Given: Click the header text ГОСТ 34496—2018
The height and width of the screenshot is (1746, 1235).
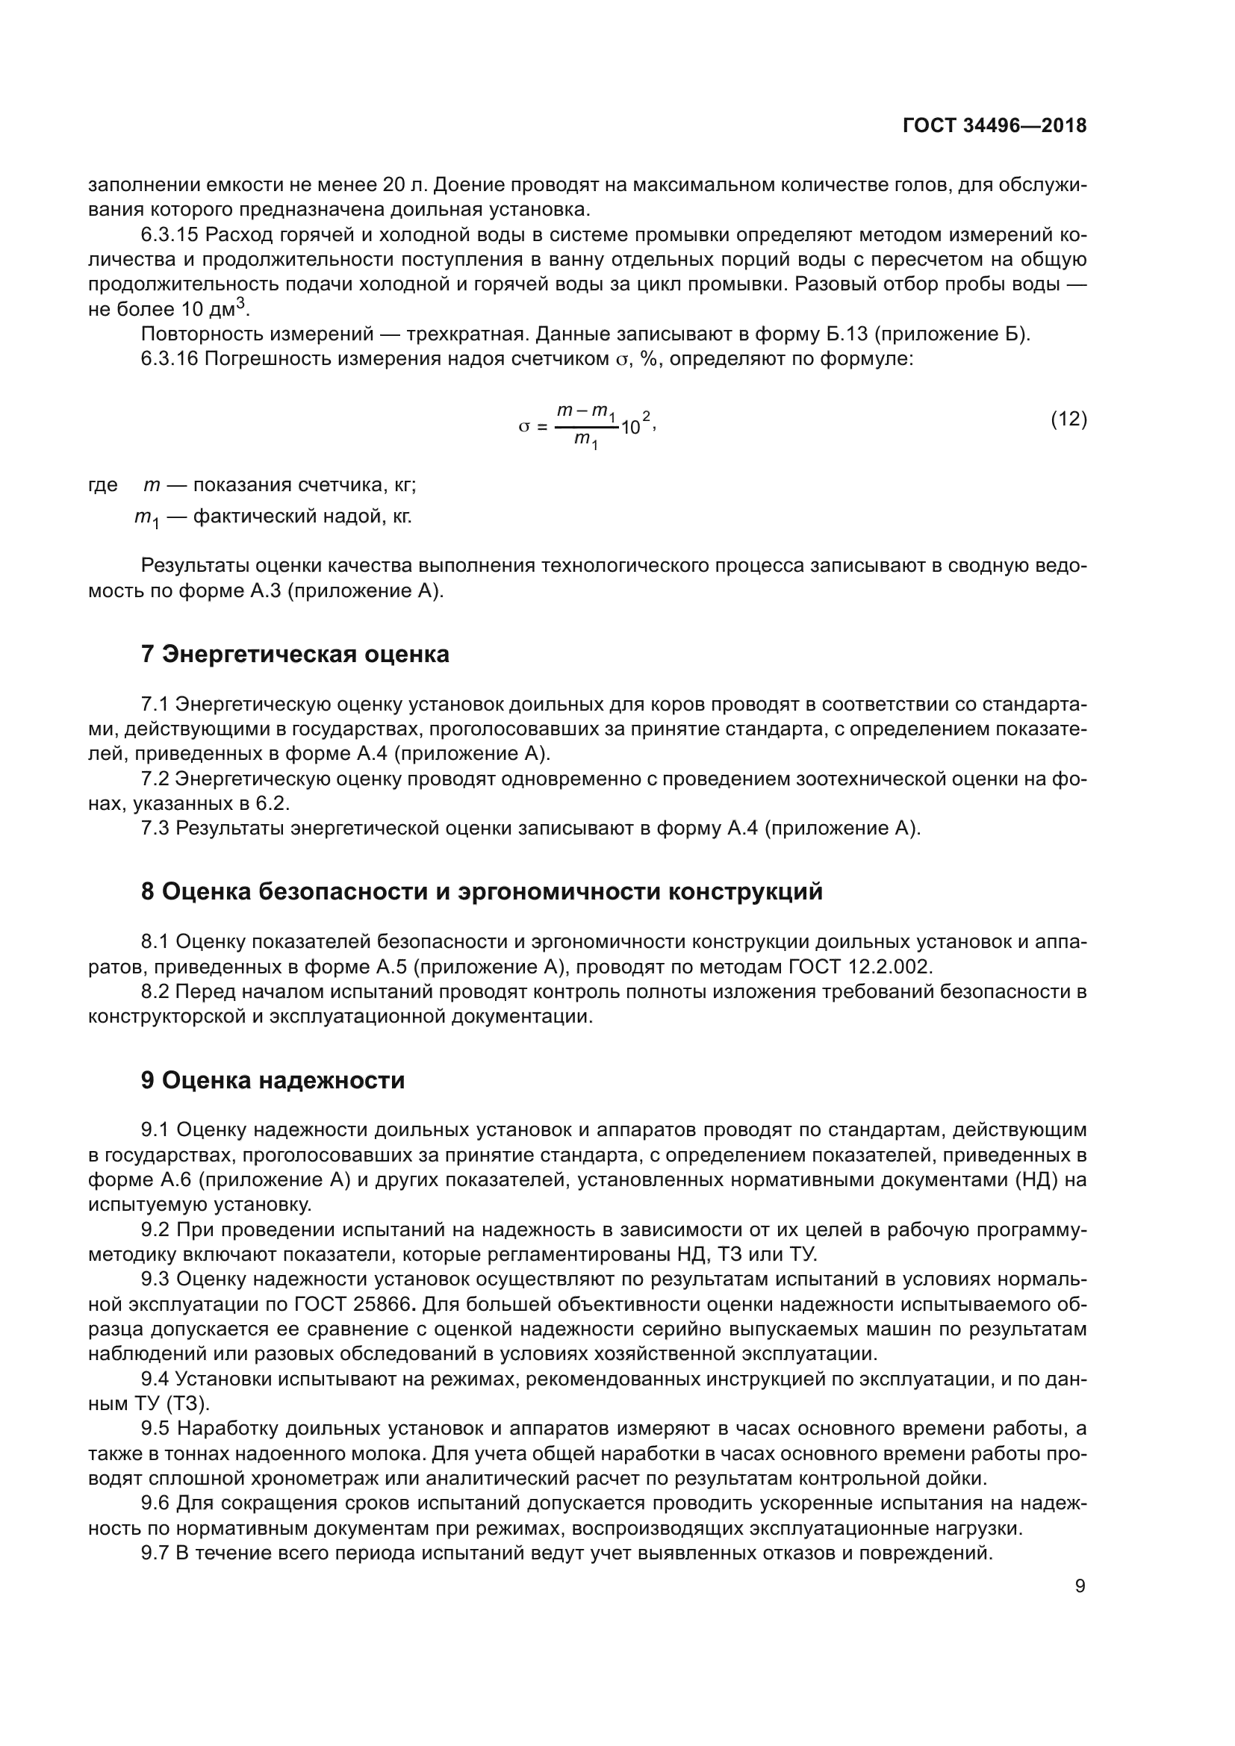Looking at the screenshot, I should tap(994, 126).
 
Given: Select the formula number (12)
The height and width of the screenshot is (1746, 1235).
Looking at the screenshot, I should tap(1068, 419).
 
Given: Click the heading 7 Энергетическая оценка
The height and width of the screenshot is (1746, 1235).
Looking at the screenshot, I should tap(295, 654).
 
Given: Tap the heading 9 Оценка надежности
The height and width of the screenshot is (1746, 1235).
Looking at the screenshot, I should tap(273, 1081).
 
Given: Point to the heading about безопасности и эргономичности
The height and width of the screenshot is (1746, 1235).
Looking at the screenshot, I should tap(482, 891).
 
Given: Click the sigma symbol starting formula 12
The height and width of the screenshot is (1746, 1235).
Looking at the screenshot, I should tap(523, 428).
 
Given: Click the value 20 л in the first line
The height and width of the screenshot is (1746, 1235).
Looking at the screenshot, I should tap(400, 185).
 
